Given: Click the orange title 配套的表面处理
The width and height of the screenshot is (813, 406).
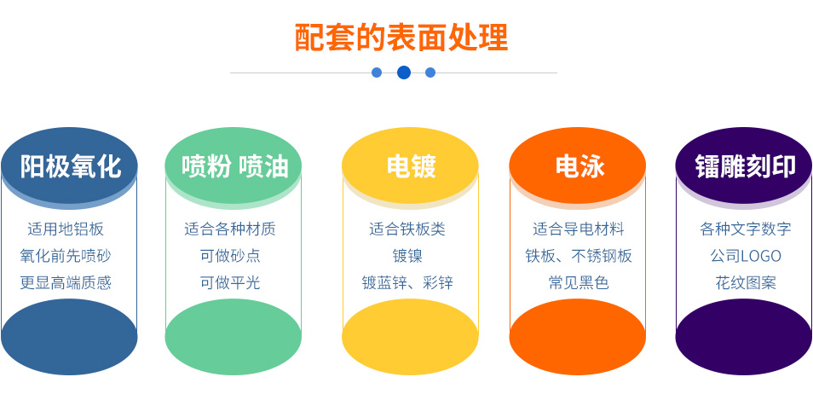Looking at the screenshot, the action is click(x=401, y=38).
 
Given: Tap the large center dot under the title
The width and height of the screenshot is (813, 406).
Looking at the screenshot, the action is click(x=404, y=72).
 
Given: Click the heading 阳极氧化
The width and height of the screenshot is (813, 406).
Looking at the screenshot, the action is click(x=71, y=166).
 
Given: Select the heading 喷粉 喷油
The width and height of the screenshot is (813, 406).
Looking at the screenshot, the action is click(x=234, y=166).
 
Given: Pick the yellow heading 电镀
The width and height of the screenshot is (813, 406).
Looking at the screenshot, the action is click(x=411, y=166).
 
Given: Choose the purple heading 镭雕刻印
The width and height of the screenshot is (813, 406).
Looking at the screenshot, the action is click(x=745, y=166).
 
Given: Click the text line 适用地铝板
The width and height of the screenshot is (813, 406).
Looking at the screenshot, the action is click(x=66, y=229).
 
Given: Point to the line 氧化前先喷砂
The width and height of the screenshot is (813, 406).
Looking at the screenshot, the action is click(x=66, y=255).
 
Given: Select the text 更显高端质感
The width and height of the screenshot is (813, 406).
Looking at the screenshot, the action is click(x=66, y=282).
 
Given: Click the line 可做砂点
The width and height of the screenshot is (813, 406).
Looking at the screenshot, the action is click(x=230, y=255).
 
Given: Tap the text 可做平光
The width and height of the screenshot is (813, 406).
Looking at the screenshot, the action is click(x=230, y=282).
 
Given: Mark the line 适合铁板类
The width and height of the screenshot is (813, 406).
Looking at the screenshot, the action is click(x=407, y=229).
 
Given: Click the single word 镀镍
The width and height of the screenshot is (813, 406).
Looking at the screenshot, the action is click(x=407, y=255).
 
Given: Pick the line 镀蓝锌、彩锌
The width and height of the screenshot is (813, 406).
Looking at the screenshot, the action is click(x=407, y=282).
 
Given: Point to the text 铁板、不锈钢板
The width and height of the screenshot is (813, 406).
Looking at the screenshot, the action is click(x=579, y=255).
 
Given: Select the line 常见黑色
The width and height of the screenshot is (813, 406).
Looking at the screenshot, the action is click(x=579, y=282).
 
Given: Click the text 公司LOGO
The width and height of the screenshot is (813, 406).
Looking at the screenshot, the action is click(x=746, y=255).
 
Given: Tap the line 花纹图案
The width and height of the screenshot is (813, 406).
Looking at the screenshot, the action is click(x=746, y=282).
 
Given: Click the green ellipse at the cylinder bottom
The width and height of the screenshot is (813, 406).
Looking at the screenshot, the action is click(x=234, y=336).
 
